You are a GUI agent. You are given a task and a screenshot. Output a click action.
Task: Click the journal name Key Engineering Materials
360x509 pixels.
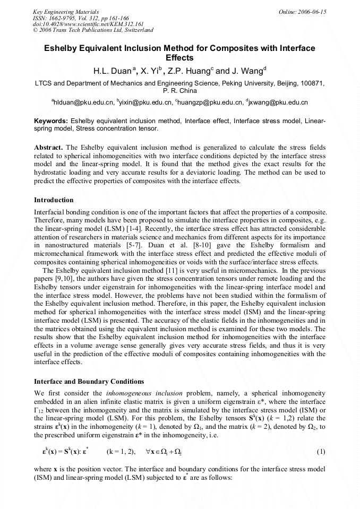62,11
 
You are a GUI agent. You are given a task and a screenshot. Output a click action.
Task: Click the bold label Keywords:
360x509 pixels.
51,121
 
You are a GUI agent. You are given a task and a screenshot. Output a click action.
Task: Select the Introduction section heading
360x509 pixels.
54,200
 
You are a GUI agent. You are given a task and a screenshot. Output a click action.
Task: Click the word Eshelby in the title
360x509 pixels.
61,48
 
